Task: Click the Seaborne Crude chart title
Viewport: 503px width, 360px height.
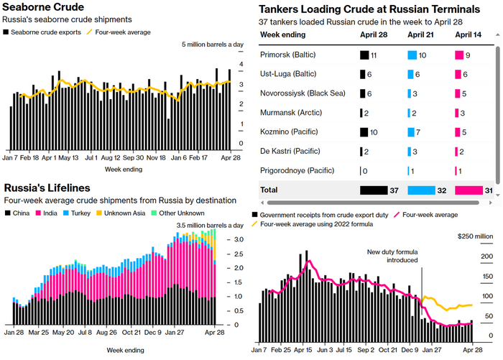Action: pyautogui.click(x=47, y=7)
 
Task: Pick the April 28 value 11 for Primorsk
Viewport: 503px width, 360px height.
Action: pyautogui.click(x=374, y=55)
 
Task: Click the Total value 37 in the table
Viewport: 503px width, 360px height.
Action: pyautogui.click(x=394, y=190)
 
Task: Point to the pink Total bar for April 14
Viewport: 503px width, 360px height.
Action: pyautogui.click(x=468, y=190)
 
